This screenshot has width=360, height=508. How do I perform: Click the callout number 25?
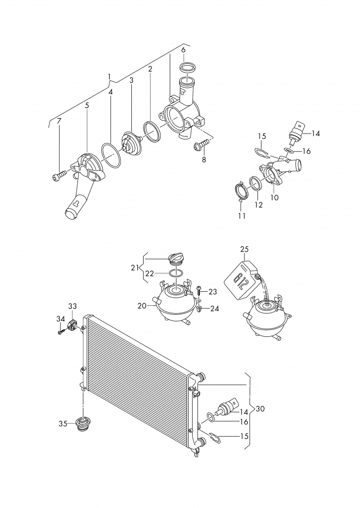[244, 249]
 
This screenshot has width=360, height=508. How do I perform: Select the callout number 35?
[63, 423]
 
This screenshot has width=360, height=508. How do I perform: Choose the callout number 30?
[260, 409]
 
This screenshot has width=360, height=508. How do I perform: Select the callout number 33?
[72, 307]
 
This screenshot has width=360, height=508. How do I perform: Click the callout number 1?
[109, 76]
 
